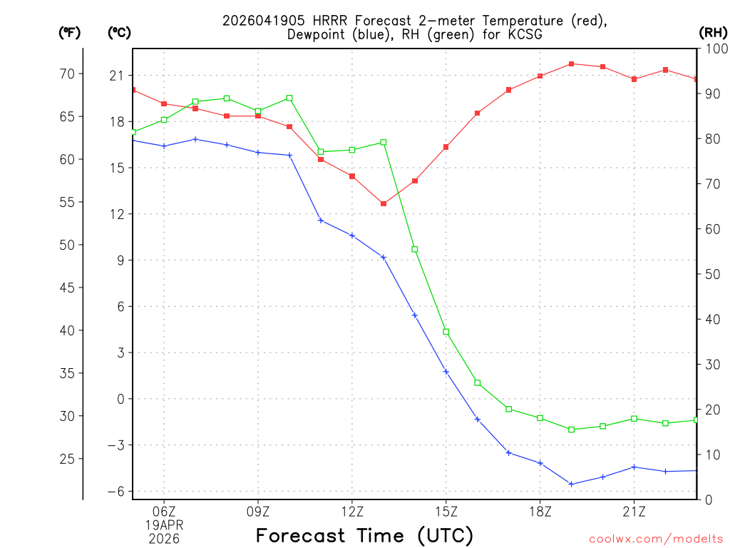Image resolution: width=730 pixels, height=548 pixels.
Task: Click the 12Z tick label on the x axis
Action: coord(351,511)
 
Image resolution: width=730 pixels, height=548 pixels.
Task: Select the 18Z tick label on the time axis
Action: coord(540,511)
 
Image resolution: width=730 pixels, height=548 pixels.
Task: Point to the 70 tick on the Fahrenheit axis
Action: coord(66,74)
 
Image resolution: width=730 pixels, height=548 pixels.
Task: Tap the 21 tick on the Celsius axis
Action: coord(115,76)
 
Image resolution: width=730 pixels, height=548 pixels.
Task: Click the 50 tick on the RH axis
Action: coord(711,274)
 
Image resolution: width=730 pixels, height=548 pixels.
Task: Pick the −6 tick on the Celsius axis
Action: coord(113,491)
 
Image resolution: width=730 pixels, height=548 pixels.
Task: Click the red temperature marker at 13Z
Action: coord(384,204)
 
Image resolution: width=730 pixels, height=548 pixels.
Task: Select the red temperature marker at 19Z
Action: coord(571,64)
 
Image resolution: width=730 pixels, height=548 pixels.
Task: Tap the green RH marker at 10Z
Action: coord(289,98)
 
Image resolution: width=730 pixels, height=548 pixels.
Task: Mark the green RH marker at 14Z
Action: coord(415,249)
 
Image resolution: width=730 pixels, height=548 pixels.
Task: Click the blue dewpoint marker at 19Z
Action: coord(571,484)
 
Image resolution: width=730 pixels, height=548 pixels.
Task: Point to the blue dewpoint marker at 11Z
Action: coord(321,220)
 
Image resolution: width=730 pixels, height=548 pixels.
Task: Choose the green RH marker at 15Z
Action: coord(446,332)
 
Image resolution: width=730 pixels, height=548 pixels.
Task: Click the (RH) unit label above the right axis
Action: coord(713,32)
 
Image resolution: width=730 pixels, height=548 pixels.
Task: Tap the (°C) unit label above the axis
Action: coord(119,32)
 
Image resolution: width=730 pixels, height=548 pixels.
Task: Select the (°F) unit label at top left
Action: coord(70,32)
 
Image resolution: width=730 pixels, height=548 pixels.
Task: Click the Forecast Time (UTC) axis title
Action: coord(364,535)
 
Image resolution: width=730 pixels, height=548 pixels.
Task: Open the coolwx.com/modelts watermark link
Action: coord(656,539)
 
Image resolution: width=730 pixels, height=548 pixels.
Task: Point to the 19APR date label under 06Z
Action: coord(164,524)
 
